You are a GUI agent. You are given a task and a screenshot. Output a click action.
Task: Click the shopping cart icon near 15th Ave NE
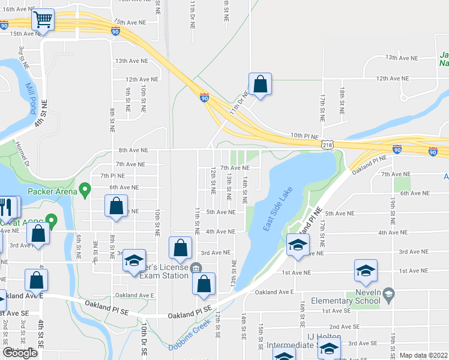coord(42,20)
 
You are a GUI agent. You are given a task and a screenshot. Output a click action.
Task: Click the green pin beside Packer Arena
coord(85,191)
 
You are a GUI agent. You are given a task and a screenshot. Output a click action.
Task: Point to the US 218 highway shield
coord(327,145)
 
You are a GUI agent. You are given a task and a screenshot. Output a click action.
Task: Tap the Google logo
coord(20,352)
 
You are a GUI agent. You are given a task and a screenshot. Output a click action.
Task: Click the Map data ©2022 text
coord(423,355)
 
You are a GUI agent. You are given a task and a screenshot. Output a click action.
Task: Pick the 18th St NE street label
coord(341,101)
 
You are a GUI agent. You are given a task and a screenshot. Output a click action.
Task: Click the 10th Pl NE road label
coord(304,136)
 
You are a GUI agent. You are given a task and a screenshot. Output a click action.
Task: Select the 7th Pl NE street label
coord(112,175)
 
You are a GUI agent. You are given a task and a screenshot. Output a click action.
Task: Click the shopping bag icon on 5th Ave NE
coord(116,206)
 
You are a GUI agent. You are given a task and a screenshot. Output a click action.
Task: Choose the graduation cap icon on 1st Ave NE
coord(365,271)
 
